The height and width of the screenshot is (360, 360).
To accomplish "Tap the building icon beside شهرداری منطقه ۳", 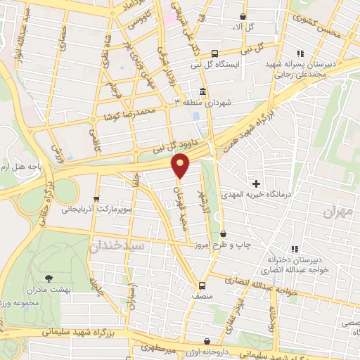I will [x=203, y=92].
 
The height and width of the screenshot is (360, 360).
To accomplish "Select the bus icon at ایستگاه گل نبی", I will [x=214, y=53].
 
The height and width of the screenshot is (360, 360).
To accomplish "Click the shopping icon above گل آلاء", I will [x=243, y=16].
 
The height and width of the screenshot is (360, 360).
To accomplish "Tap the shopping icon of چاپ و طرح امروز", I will [x=224, y=234].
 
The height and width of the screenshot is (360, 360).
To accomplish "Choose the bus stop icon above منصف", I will [x=202, y=285].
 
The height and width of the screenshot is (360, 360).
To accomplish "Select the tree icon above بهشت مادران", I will [x=49, y=279].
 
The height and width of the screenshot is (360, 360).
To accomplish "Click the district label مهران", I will [x=341, y=211].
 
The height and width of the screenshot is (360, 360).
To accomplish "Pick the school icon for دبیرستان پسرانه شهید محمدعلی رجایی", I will [x=301, y=53].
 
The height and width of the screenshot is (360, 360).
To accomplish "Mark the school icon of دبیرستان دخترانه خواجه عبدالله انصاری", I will [x=295, y=248].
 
